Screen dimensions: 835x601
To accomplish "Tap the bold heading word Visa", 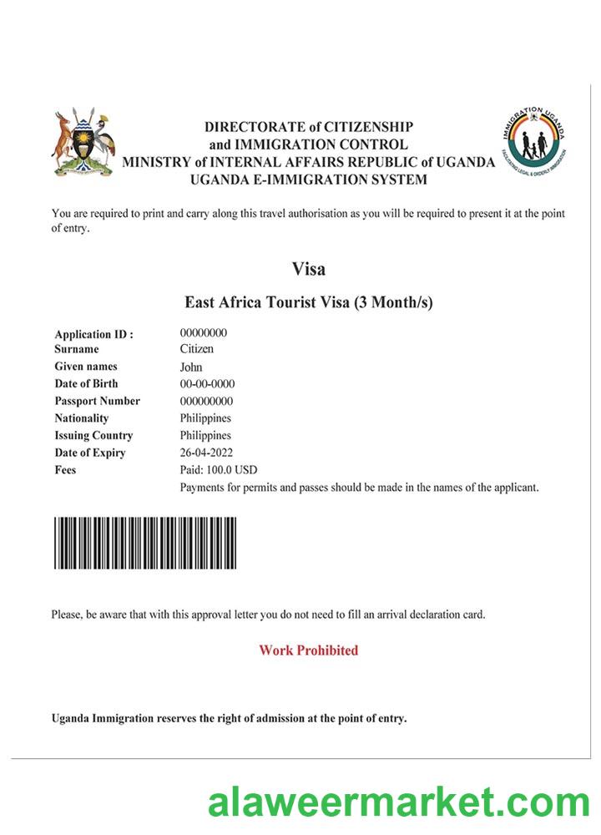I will click(x=308, y=270).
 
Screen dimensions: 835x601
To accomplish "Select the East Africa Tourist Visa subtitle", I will click(x=308, y=302).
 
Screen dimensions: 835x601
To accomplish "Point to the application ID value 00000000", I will click(x=204, y=332).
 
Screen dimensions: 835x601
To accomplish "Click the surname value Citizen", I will click(x=197, y=349).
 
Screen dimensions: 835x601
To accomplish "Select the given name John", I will click(x=191, y=367).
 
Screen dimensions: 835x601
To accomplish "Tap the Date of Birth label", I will click(x=86, y=384).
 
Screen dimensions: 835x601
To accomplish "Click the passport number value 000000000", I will click(x=206, y=401).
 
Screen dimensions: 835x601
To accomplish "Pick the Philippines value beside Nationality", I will click(x=205, y=418).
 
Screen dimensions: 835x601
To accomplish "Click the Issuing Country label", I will click(x=93, y=436).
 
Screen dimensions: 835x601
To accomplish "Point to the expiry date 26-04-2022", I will click(x=206, y=453).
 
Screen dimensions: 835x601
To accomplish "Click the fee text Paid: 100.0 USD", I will click(x=219, y=470).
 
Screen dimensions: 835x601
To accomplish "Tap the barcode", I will click(x=145, y=544).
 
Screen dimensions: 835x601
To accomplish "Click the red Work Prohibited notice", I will click(x=308, y=650).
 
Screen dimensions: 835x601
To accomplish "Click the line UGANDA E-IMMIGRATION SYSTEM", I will click(x=308, y=180).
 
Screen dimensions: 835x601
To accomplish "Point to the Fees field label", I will click(x=65, y=470).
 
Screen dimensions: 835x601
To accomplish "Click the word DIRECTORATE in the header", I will click(x=255, y=127).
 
